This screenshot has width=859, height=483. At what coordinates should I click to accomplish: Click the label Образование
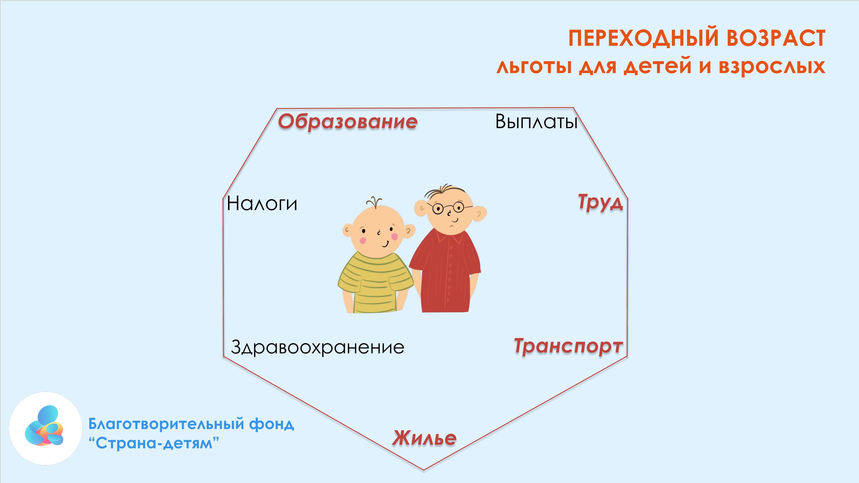(x=347, y=122)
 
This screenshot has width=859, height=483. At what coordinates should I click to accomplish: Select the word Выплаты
(x=536, y=122)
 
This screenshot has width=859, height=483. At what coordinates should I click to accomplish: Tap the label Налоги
(x=262, y=203)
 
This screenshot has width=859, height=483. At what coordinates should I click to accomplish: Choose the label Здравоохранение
(x=317, y=347)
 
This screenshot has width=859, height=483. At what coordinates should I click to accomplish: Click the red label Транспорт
(x=568, y=346)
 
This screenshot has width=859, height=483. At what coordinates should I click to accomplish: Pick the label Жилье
(x=424, y=438)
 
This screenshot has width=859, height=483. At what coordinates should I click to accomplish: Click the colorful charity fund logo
(x=45, y=428)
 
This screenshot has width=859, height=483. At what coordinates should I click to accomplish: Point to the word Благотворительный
(x=167, y=424)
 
